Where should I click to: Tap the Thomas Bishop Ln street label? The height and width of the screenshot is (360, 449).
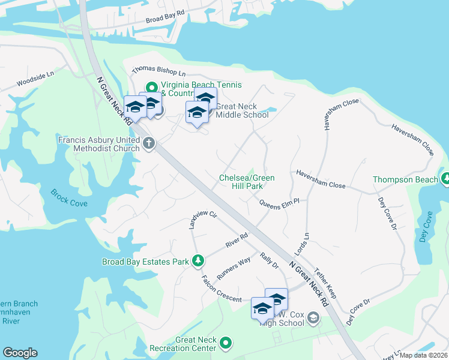point(159,73)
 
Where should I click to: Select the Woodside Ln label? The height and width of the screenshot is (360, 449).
point(35,79)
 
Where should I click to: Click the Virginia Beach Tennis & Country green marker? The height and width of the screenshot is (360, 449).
point(152,85)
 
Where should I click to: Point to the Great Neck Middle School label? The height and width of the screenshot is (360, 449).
point(242,110)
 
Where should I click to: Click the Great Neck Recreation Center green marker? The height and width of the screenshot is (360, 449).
point(226,343)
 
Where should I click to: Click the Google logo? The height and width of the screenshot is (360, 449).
point(20,353)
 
